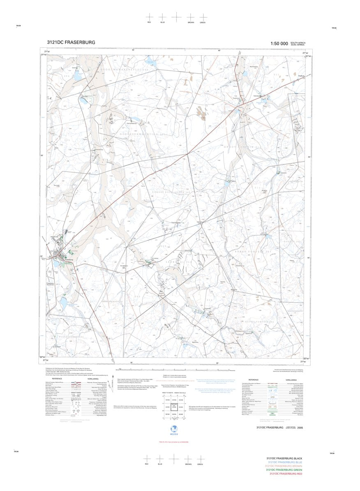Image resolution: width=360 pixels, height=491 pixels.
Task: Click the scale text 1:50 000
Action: [x=279, y=44]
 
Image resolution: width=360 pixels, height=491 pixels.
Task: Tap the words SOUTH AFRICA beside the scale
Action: [x=298, y=42]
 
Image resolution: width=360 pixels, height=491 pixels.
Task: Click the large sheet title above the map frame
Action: [x=71, y=42]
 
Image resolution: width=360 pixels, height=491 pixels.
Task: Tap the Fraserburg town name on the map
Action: [x=68, y=260]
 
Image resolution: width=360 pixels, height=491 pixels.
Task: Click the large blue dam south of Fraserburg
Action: [x=64, y=303]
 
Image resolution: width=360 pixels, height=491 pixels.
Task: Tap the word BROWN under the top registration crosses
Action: [x=191, y=22]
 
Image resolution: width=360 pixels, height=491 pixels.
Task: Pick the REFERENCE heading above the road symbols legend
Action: [x=57, y=379]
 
